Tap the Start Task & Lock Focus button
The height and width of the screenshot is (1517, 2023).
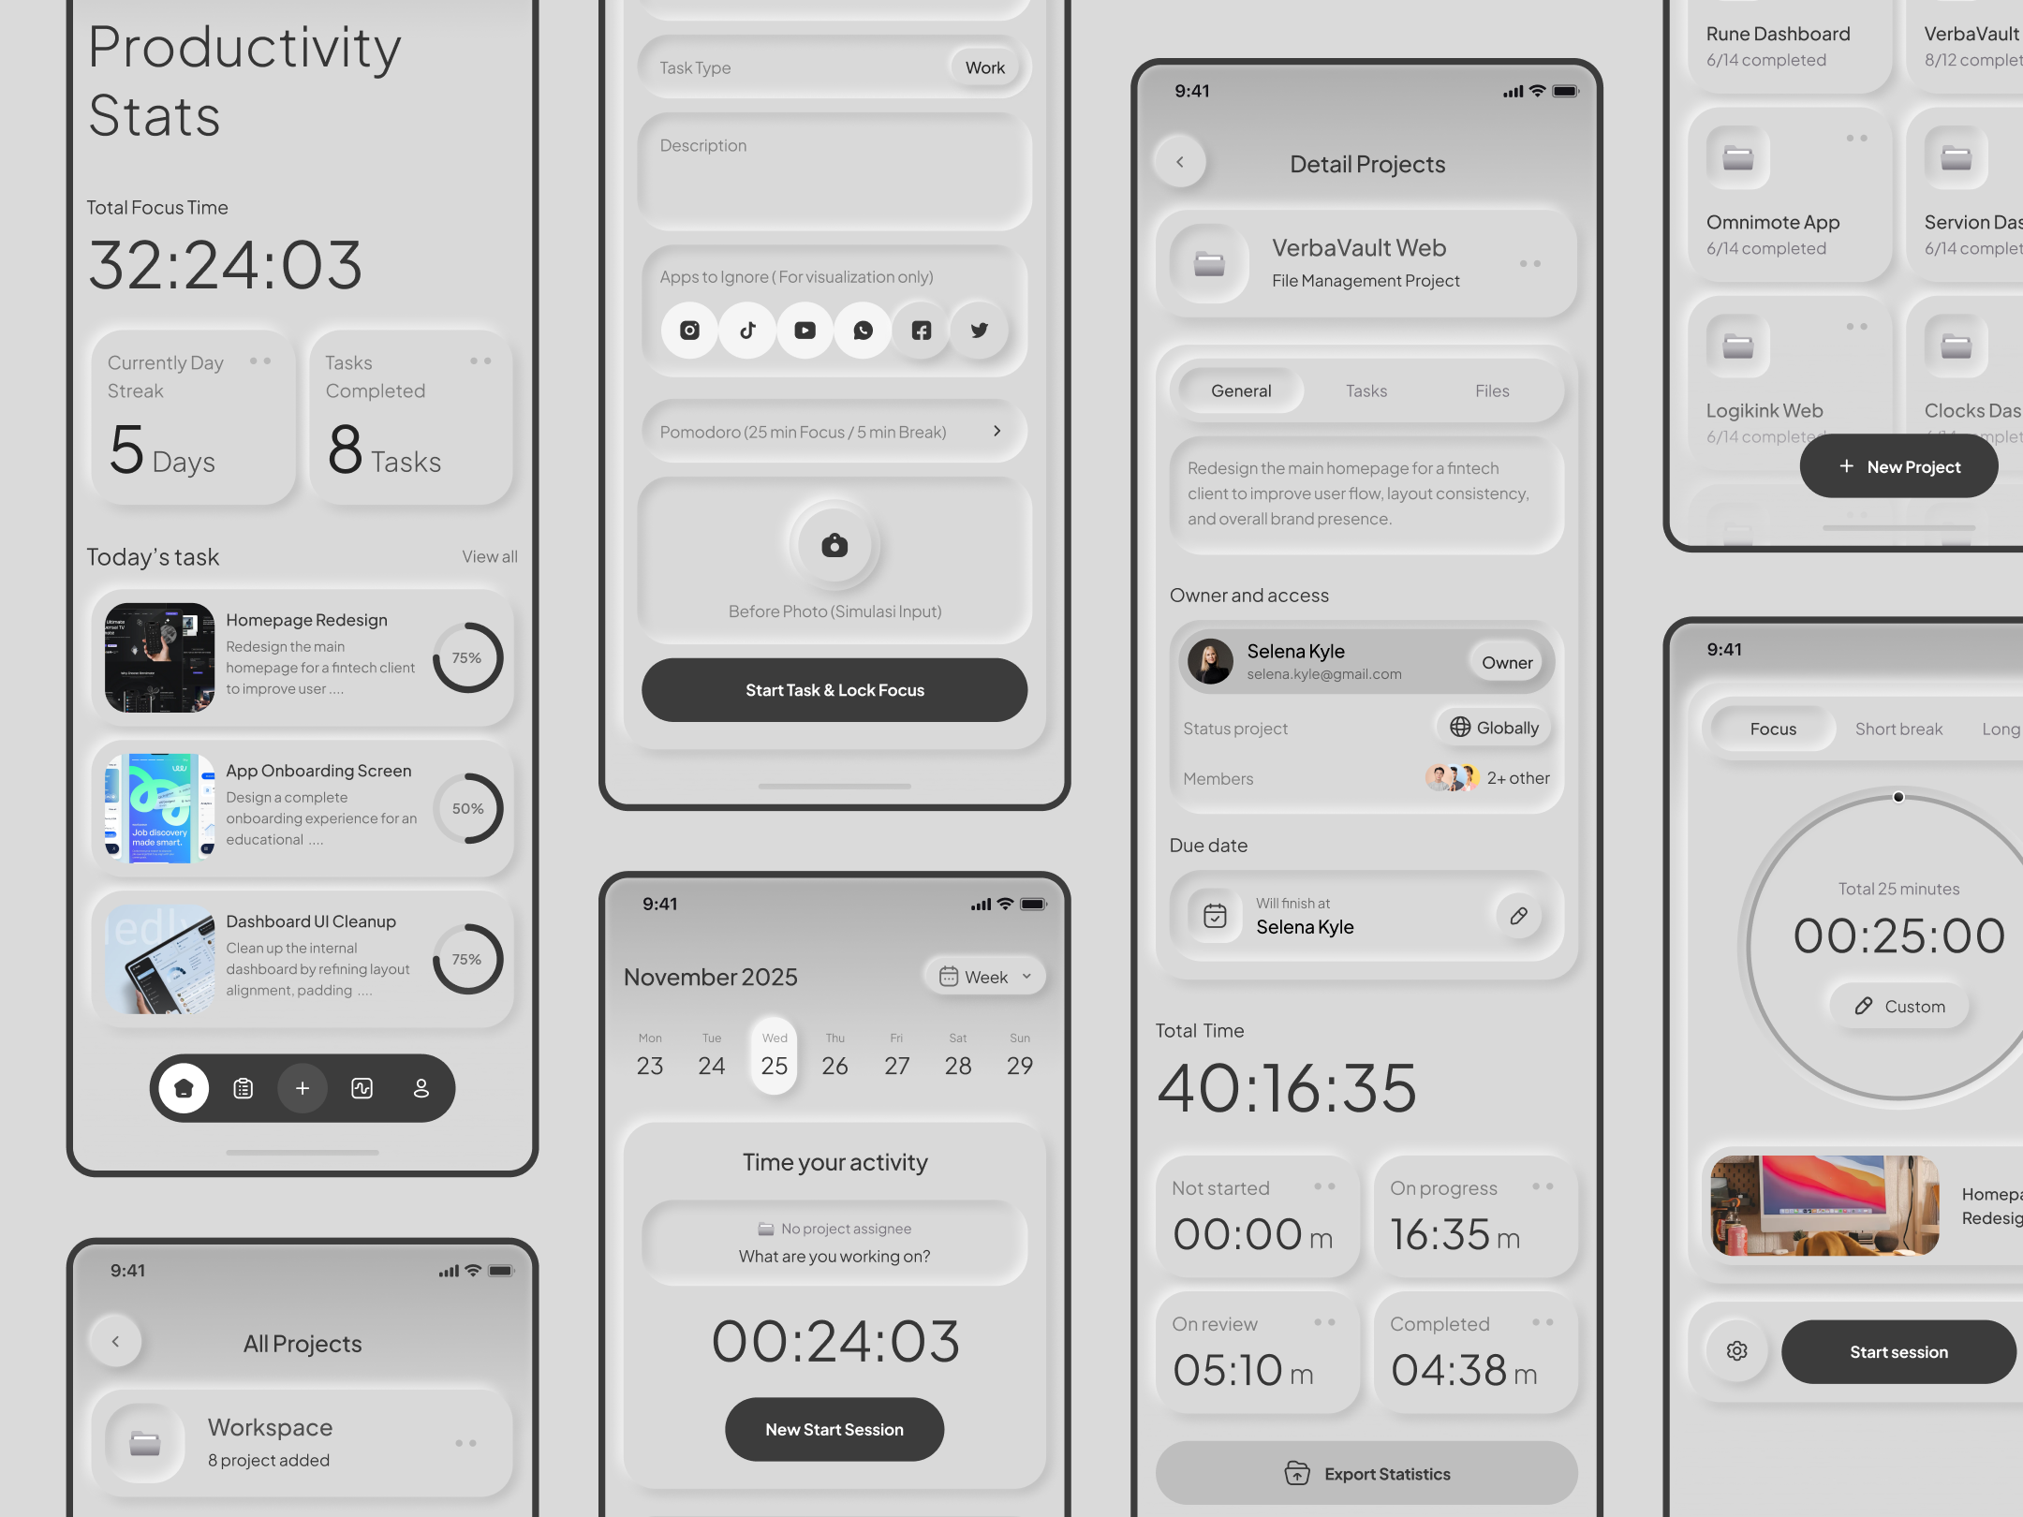834,690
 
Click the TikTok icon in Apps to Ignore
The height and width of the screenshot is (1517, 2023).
747,330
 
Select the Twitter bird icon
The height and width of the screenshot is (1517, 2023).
979,330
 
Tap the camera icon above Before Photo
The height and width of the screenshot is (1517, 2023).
834,545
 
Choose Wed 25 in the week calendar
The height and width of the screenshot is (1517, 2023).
774,1055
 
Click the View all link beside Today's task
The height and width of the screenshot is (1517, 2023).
489,556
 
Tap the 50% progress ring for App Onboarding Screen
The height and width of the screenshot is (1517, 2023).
467,808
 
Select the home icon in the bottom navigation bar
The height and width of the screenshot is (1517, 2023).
184,1088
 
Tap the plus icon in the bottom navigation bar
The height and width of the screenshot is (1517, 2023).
302,1088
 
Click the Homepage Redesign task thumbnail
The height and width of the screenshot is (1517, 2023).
159,657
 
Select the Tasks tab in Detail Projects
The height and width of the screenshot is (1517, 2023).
1366,390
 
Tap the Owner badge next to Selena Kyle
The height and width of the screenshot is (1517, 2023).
1506,662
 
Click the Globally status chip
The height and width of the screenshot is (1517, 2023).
1494,728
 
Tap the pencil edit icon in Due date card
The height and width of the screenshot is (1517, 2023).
1518,915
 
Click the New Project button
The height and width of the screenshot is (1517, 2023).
1898,466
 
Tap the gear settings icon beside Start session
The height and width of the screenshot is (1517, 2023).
1736,1351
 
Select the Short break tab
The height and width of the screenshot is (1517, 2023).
1898,729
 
